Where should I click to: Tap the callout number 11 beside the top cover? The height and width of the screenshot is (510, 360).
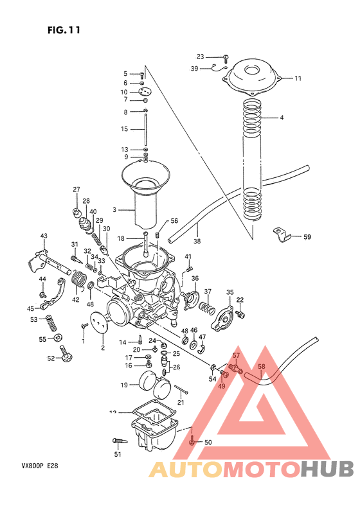298,78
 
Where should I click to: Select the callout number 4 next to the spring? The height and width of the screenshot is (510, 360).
281,118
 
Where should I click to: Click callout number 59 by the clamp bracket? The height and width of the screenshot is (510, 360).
307,238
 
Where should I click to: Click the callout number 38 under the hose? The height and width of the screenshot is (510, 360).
197,242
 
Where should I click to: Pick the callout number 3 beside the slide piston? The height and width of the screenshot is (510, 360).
115,209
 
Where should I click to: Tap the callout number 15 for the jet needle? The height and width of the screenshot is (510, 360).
125,129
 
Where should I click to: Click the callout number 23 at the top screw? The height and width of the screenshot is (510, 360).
200,57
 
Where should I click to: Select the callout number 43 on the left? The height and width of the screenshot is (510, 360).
44,236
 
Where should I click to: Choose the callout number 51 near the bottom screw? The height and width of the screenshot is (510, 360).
118,455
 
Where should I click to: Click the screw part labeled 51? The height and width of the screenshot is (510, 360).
119,441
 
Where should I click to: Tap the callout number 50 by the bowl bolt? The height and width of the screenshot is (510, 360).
208,442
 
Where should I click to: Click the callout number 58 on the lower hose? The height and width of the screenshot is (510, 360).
261,367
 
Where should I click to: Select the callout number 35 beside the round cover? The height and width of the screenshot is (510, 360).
230,293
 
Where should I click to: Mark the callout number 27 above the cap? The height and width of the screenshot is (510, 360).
76,189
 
